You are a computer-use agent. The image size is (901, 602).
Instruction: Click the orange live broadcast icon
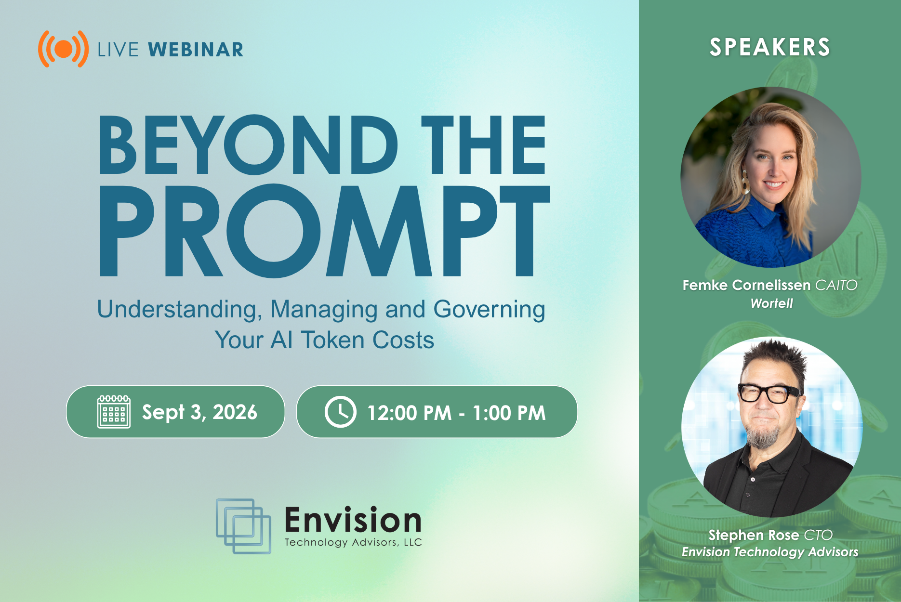pyautogui.click(x=63, y=49)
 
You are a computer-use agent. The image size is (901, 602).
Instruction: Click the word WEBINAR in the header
pyautogui.click(x=196, y=50)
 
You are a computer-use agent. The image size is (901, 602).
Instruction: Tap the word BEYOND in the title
pyautogui.click(x=248, y=144)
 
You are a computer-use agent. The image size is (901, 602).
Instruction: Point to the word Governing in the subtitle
pyautogui.click(x=489, y=310)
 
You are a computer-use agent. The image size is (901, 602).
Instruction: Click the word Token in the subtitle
pyautogui.click(x=332, y=340)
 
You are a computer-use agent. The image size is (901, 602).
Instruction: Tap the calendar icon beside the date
pyautogui.click(x=114, y=412)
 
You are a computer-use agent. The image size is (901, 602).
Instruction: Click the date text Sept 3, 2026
pyautogui.click(x=199, y=412)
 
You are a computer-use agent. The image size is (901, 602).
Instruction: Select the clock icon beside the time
pyautogui.click(x=340, y=412)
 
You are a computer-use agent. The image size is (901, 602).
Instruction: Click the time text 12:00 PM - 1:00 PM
pyautogui.click(x=456, y=413)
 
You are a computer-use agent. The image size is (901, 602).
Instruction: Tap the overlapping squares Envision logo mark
pyautogui.click(x=243, y=526)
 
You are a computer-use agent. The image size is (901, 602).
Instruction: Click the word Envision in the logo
pyautogui.click(x=353, y=520)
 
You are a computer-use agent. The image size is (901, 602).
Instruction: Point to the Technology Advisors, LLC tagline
pyautogui.click(x=353, y=542)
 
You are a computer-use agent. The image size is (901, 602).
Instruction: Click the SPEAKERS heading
pyautogui.click(x=770, y=47)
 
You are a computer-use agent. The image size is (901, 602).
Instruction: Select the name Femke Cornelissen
pyautogui.click(x=746, y=285)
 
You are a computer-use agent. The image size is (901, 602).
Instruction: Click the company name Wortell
pyautogui.click(x=771, y=303)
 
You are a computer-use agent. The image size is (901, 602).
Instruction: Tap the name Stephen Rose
pyautogui.click(x=754, y=535)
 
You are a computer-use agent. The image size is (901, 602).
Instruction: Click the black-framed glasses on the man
pyautogui.click(x=769, y=393)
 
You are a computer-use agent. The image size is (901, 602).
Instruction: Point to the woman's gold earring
pyautogui.click(x=745, y=183)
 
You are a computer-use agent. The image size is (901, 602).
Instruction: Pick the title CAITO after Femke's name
pyautogui.click(x=836, y=285)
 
